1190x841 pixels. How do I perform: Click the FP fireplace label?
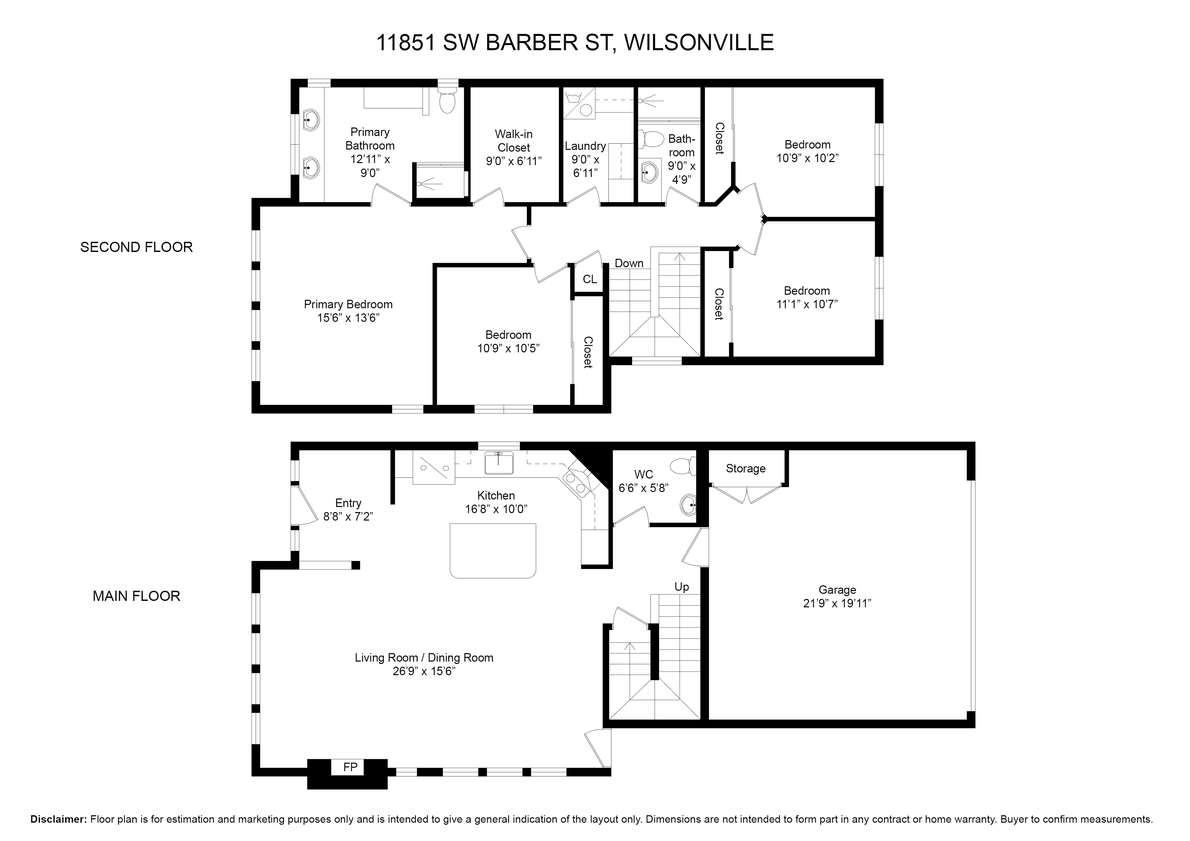coord(350,766)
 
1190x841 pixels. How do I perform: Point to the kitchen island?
coord(493,550)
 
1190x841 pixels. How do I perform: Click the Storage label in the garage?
coord(745,468)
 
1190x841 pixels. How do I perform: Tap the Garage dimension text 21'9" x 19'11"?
coord(837,603)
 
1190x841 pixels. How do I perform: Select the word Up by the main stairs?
coord(682,587)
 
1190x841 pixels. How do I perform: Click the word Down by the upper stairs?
coord(629,263)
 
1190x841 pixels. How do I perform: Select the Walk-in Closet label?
coord(514,141)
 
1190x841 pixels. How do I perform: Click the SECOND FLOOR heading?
coord(136,247)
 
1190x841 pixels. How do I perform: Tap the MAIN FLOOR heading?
coord(136,596)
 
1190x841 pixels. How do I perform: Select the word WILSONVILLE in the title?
coord(699,42)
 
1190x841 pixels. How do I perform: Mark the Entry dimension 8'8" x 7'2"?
coord(348,516)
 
